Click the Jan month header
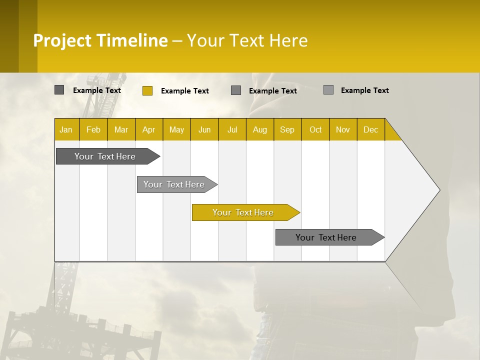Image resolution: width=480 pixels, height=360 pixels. coord(66,130)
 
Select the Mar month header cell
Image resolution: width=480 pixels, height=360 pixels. coord(121,130)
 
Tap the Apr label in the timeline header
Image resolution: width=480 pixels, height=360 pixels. coord(148,130)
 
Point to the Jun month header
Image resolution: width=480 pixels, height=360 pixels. coord(204,130)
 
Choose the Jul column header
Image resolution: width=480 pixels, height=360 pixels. coord(232,130)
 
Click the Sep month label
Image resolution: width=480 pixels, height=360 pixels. coord(287,130)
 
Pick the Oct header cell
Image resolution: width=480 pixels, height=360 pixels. coord(315,130)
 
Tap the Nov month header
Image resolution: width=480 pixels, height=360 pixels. coord(343,130)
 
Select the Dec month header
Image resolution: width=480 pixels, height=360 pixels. coord(370,130)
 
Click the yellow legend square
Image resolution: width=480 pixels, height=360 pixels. coord(147,90)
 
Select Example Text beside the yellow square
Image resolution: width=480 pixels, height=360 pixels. coord(184,91)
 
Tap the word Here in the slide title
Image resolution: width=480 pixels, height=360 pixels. coord(288,40)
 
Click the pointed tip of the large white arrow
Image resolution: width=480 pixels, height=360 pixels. coord(438,190)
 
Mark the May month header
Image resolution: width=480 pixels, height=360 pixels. coord(176,130)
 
